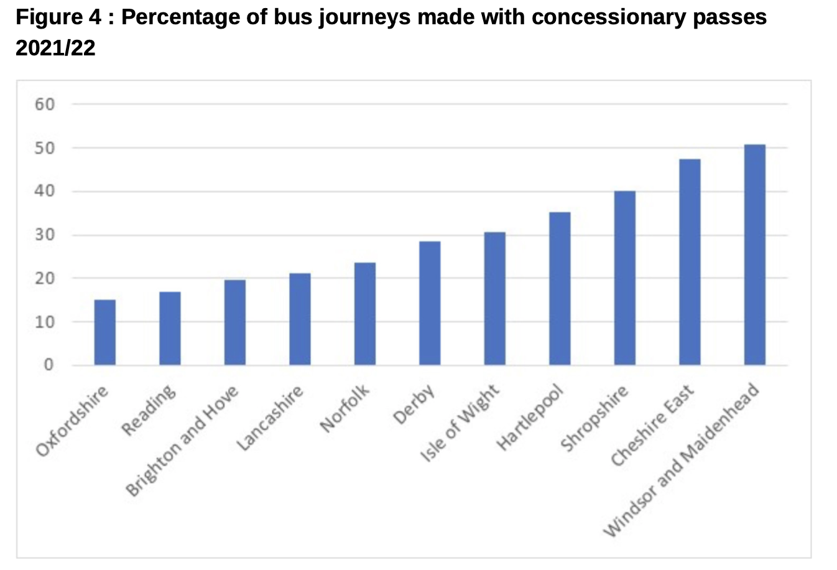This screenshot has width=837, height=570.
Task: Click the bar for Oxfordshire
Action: point(104,332)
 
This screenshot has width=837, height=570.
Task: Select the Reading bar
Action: point(170,328)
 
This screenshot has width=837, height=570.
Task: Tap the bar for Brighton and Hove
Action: point(234,322)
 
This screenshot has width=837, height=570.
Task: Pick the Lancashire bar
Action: point(300,319)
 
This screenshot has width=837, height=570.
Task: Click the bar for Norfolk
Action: point(364,314)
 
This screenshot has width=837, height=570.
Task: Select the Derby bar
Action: point(430,303)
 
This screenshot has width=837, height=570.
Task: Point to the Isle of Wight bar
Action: point(494,298)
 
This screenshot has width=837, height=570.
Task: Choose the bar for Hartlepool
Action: point(560,288)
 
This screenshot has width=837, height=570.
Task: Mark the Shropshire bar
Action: point(624,278)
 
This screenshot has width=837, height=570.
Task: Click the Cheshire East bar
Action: point(690,262)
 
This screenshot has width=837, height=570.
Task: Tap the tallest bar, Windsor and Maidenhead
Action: point(754,255)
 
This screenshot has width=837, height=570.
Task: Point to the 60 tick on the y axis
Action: point(45,104)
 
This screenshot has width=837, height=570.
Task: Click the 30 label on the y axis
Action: point(45,235)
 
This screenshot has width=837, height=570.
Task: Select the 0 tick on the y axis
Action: point(49,365)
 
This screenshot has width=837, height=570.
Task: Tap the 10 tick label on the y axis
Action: point(45,322)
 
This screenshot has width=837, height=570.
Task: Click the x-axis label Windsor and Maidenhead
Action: point(682,460)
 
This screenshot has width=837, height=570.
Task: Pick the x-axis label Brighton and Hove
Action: point(182,441)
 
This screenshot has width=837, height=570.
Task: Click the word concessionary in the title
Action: point(594,17)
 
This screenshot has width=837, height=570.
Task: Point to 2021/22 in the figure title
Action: point(55,48)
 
